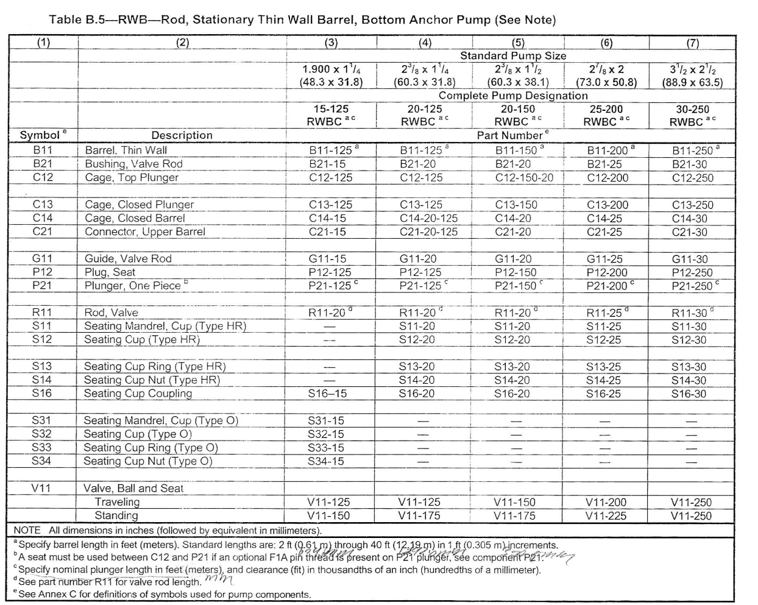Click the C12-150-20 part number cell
524,178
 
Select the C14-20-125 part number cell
428,218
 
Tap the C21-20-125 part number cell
428,232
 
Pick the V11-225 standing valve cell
606,515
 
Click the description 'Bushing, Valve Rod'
133,164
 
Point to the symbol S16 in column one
42,394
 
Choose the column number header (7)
692,43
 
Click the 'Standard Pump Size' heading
513,55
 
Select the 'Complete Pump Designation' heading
513,96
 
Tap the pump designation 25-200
606,109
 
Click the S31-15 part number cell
326,420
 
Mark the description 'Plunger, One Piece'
133,286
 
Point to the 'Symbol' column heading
40,135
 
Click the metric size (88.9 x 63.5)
692,82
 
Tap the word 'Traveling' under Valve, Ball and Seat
117,502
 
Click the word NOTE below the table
27,530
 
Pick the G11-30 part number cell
690,259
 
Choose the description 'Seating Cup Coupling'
138,394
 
